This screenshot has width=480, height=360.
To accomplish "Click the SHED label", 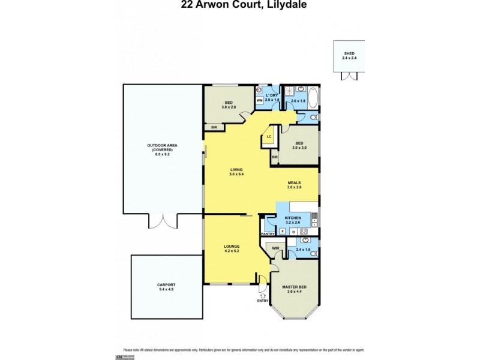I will click(349, 53).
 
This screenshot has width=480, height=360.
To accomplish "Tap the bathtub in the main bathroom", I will click(313, 96).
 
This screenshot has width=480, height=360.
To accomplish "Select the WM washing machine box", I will click(260, 101).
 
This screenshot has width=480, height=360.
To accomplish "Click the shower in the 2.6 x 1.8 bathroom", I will click(290, 91).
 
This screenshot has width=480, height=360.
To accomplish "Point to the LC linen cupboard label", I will click(269, 137).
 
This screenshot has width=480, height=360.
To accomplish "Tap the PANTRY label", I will click(267, 234).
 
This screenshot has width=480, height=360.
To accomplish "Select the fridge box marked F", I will click(282, 231).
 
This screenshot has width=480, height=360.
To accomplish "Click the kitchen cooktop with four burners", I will click(304, 231).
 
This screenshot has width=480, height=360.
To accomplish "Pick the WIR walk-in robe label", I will click(277, 247).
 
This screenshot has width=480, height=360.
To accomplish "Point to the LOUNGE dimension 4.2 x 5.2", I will click(232, 251).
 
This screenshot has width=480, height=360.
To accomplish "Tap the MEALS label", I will click(293, 182).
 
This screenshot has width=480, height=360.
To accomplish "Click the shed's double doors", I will click(349, 76).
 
